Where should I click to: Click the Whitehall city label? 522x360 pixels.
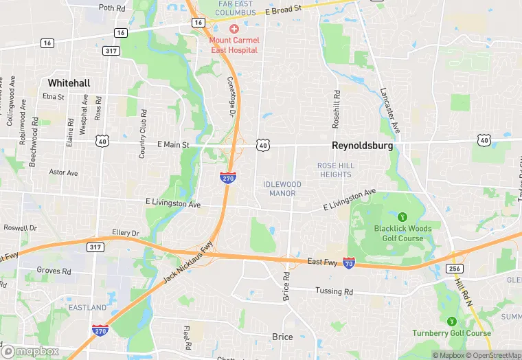[69, 82]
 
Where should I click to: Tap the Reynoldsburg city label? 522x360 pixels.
[362, 146]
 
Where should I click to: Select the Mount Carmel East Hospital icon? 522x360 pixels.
[234, 28]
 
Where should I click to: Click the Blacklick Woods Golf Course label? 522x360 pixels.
[402, 233]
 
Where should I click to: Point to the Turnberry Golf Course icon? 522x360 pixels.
[451, 321]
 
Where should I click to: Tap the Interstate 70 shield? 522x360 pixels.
[349, 262]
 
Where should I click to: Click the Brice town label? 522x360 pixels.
[282, 337]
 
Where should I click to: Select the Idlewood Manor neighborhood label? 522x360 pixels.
[282, 188]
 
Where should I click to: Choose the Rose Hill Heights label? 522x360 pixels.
[335, 170]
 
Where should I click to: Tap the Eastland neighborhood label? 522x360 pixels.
[87, 307]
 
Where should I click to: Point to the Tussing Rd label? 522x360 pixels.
[334, 291]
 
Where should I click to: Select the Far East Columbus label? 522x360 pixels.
[235, 9]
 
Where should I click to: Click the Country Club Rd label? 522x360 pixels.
[143, 134]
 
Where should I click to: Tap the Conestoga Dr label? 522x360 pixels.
[231, 95]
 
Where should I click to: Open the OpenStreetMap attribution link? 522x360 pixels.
[494, 355]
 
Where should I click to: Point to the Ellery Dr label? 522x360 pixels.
[126, 234]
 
